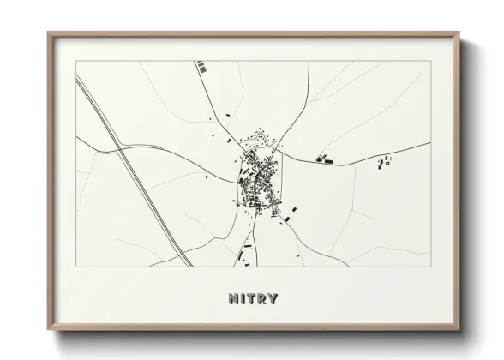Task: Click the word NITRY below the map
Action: (x=253, y=298)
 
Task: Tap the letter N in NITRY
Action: (x=232, y=298)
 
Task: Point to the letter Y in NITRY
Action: (x=273, y=298)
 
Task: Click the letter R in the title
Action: (x=261, y=298)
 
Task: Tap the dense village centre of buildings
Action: (x=257, y=176)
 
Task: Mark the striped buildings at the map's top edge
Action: (x=201, y=64)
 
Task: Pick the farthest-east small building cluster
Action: (x=385, y=160)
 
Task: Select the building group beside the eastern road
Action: (x=324, y=158)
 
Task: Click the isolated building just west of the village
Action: (x=207, y=177)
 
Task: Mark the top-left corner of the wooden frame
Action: (x=48, y=33)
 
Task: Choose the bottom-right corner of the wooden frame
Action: (x=461, y=329)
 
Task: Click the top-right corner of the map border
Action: (x=429, y=61)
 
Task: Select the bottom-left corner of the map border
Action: (x=76, y=267)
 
